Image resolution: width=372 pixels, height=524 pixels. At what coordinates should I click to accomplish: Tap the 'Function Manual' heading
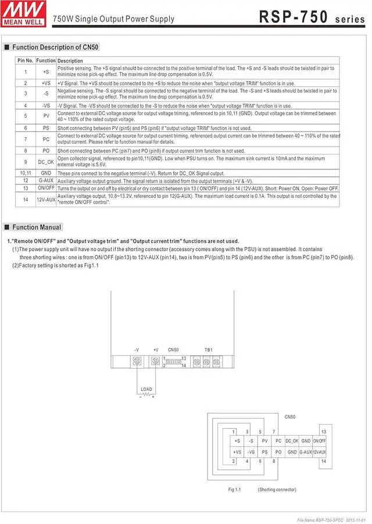click(37, 227)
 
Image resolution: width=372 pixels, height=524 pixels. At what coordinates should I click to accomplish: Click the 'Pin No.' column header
click(25, 60)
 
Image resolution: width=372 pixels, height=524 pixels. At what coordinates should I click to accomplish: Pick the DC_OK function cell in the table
click(46, 161)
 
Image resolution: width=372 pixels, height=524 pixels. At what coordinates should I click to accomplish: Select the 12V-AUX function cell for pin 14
click(46, 199)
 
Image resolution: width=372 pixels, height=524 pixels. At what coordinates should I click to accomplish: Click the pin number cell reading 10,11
click(25, 173)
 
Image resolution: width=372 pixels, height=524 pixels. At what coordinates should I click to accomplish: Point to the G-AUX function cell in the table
click(46, 180)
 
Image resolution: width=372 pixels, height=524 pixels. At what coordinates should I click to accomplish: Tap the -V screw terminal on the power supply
click(137, 361)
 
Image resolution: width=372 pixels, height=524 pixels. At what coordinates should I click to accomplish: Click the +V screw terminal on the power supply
click(155, 361)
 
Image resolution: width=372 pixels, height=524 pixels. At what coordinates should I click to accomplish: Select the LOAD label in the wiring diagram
click(146, 389)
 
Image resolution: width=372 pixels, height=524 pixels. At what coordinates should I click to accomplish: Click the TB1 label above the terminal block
click(208, 350)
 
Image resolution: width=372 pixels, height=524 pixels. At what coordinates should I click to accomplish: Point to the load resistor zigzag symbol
click(146, 395)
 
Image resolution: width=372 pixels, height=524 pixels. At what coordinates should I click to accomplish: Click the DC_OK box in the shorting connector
click(292, 441)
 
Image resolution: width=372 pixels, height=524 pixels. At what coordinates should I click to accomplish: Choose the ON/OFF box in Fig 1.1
click(320, 441)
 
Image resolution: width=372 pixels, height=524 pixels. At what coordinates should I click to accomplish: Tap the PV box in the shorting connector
click(264, 441)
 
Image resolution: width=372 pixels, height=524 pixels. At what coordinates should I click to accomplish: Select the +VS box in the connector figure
click(237, 452)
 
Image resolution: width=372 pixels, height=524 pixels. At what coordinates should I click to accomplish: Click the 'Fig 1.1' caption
click(235, 490)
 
